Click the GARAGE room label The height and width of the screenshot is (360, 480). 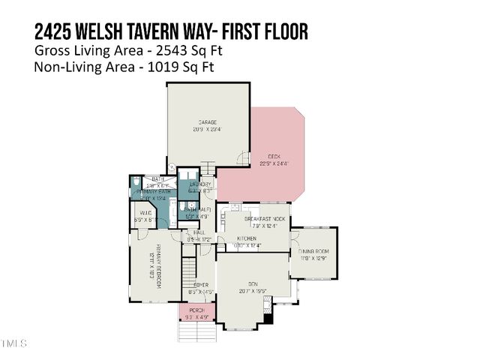tap(208, 122)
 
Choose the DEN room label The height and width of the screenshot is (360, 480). tap(253, 283)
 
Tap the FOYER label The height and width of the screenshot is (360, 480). tap(200, 285)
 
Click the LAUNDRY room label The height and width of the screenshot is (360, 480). tap(199, 184)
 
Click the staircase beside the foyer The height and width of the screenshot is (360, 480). tap(190, 267)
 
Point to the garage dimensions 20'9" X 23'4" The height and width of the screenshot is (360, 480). tap(208, 129)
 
